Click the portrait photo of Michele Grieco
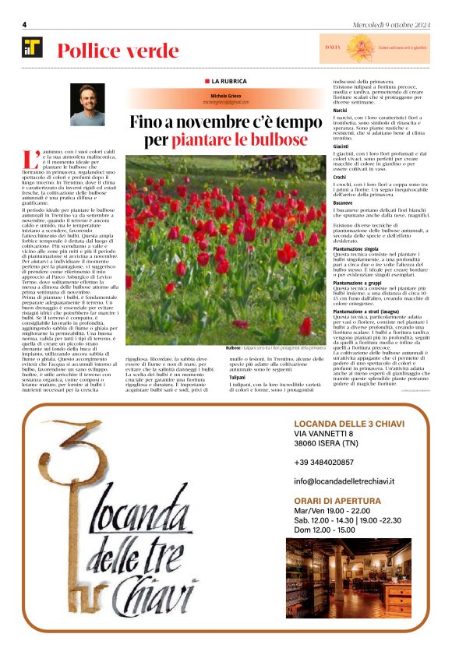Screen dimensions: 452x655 87,105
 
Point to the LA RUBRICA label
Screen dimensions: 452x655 225,81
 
